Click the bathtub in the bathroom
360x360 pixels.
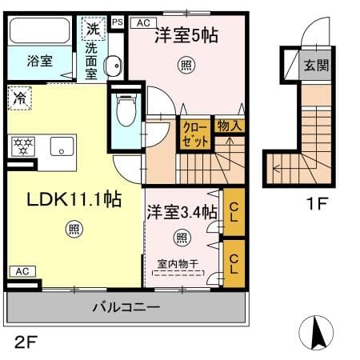pos(40,32)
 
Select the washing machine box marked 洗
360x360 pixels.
pos(94,28)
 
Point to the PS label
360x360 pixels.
pos(118,22)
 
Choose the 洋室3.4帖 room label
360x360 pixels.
pos(181,213)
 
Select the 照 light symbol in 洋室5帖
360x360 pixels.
pos(185,65)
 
